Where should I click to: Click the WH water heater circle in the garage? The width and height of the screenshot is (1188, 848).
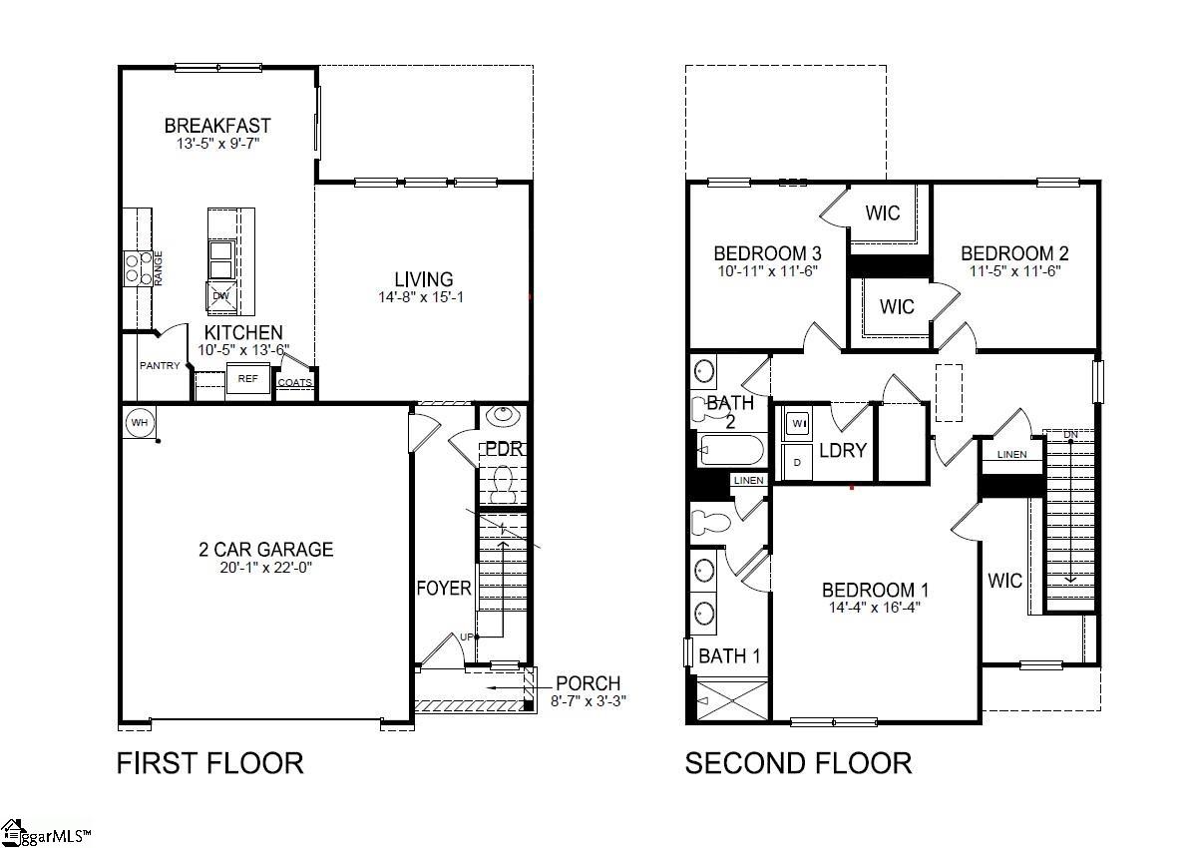(139, 423)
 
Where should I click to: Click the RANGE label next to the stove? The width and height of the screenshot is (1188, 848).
(159, 268)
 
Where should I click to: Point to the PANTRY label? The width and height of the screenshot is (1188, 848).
(160, 366)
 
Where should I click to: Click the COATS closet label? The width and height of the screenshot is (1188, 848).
(295, 382)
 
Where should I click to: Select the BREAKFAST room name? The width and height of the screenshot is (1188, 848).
(217, 126)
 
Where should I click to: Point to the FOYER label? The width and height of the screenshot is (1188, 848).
(444, 589)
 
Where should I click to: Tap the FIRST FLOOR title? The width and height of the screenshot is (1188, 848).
(209, 763)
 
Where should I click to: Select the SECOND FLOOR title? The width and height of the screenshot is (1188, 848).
(798, 763)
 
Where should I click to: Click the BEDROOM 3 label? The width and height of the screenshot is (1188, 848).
(767, 252)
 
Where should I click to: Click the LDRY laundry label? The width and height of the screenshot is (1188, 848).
(843, 450)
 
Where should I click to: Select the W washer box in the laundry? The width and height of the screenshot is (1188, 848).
(798, 424)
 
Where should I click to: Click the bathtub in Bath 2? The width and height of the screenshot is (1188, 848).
(730, 450)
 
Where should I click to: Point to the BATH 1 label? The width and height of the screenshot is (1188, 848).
(729, 656)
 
